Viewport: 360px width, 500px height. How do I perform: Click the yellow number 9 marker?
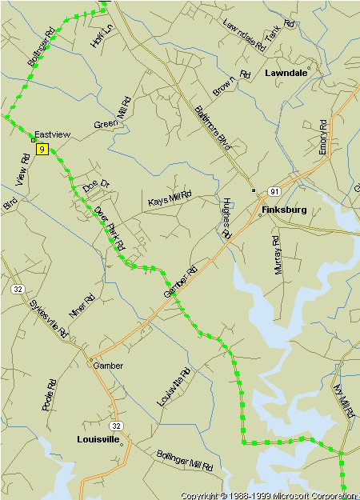pyautogui.click(x=41, y=149)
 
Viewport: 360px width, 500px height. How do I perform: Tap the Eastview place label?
pyautogui.click(x=53, y=135)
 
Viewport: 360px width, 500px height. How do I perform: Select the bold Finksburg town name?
pyautogui.click(x=284, y=211)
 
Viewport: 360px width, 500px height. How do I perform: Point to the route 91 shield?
pyautogui.click(x=274, y=191)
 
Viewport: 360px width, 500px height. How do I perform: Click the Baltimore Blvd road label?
pyautogui.click(x=213, y=128)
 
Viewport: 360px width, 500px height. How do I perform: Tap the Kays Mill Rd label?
pyautogui.click(x=170, y=198)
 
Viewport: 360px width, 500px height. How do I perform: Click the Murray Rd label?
pyautogui.click(x=278, y=255)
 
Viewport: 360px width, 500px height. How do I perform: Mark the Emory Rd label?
pyautogui.click(x=323, y=137)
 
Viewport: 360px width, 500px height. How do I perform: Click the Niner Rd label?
pyautogui.click(x=82, y=306)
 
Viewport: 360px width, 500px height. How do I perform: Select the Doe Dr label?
pyautogui.click(x=96, y=186)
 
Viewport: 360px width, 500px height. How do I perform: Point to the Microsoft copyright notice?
pyautogui.click(x=269, y=495)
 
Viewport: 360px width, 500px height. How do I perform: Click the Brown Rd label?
pyautogui.click(x=232, y=82)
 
